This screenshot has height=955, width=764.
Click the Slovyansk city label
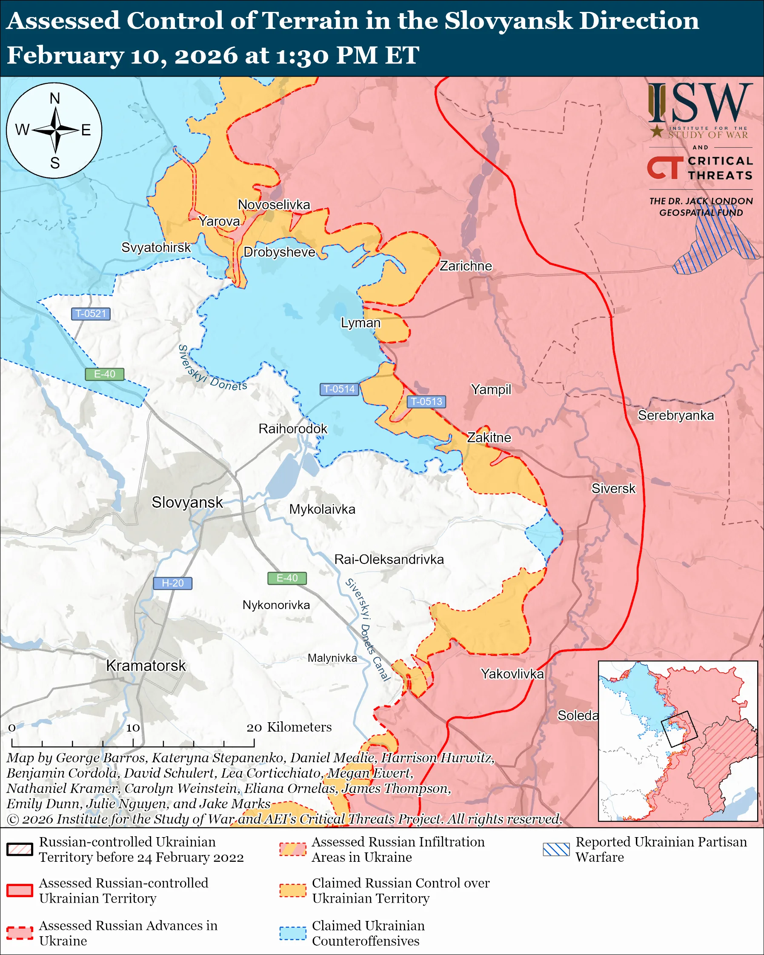pos(187,502)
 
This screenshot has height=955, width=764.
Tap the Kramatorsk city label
pos(146,666)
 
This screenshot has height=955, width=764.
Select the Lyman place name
pos(361,323)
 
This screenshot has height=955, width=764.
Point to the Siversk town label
pos(613,489)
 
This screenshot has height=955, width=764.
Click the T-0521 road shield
pos(91,314)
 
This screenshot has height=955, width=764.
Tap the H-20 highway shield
pos(172,583)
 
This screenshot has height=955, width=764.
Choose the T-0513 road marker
pos(426,401)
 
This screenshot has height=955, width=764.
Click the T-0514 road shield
pos(339,389)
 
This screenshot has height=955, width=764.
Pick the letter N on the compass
pos(54,98)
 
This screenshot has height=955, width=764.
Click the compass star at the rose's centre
pos(55,130)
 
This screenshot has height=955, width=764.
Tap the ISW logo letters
pos(700,103)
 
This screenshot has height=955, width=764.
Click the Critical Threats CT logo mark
pos(665,167)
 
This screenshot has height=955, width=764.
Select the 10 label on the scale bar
pos(133,728)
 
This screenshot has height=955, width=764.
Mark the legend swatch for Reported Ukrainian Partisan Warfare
pos(556,849)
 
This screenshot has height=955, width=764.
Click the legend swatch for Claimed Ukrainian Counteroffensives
pos(293,933)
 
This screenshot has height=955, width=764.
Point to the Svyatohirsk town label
pos(156,247)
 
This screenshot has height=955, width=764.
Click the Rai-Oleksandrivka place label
pos(389,560)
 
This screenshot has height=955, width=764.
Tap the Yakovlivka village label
pos(512,674)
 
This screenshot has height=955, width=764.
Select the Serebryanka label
pos(675,415)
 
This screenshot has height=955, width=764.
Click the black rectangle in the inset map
pos(679,729)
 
